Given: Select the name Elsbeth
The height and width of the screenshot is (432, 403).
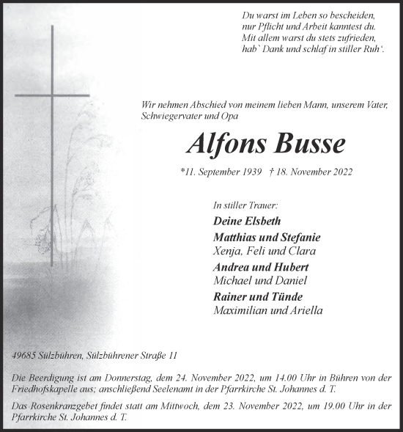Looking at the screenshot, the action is (x=261, y=221).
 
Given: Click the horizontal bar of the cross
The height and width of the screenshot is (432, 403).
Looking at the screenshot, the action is (x=51, y=95).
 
